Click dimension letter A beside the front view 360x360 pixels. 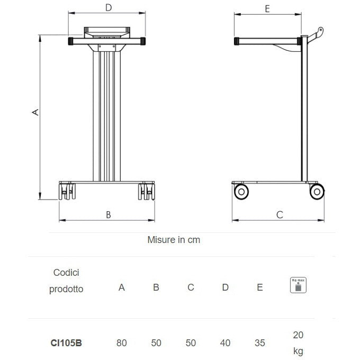[x=35, y=112]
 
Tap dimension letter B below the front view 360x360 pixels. [x=109, y=214]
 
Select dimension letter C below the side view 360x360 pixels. [x=280, y=214]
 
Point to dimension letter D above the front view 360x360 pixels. [x=109, y=7]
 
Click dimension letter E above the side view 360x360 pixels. [x=267, y=8]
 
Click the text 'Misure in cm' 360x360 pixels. [x=174, y=240]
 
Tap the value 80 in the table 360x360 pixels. [x=122, y=343]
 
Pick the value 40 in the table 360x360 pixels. [x=225, y=343]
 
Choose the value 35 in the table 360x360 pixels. [x=259, y=343]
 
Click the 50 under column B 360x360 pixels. [x=156, y=343]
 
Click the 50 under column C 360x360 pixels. [x=191, y=343]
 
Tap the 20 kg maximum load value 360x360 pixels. [x=298, y=343]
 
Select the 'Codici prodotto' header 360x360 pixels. [x=66, y=281]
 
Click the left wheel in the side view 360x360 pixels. [x=241, y=192]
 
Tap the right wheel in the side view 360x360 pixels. [x=317, y=192]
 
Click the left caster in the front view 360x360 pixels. [x=66, y=191]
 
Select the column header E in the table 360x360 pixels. [x=259, y=287]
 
